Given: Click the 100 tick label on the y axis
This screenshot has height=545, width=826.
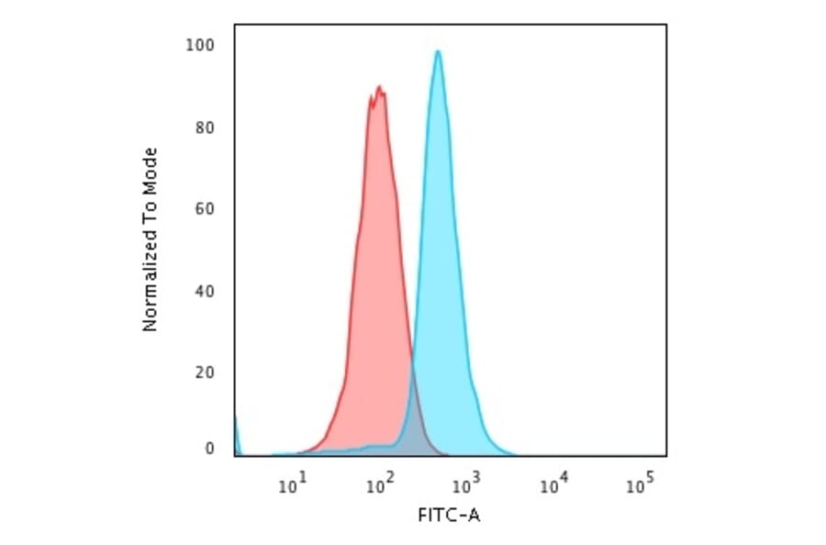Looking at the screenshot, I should point(201,46).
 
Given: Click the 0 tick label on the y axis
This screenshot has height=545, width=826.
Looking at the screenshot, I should point(209,449).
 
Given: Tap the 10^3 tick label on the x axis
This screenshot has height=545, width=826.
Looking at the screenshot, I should point(464,484).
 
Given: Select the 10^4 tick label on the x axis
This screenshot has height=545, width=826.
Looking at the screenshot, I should point(551,484).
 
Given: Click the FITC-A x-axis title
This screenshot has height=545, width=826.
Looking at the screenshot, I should point(449,516).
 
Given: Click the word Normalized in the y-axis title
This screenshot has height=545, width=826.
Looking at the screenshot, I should point(151,285).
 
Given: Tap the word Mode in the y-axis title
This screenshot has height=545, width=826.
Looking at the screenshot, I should point(151,167).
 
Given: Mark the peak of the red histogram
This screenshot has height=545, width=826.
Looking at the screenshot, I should point(377,87).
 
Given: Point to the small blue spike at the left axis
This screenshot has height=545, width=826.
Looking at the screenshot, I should point(236,431).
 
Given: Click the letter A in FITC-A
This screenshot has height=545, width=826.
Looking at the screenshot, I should point(474,516).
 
